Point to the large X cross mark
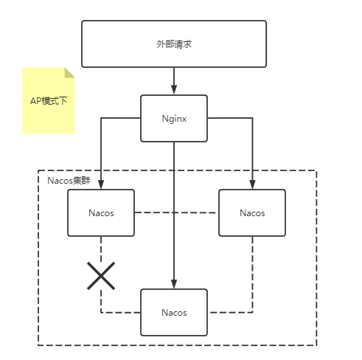(x=101, y=275)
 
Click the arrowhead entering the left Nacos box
(x=101, y=185)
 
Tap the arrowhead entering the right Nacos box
(x=252, y=185)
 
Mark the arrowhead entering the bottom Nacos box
(x=174, y=285)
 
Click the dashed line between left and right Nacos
(x=177, y=212)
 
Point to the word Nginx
(x=174, y=118)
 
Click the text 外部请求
(x=174, y=44)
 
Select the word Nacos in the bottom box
(x=174, y=312)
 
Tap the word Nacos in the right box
(x=252, y=212)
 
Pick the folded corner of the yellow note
(x=70, y=73)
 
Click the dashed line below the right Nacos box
(x=252, y=273)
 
